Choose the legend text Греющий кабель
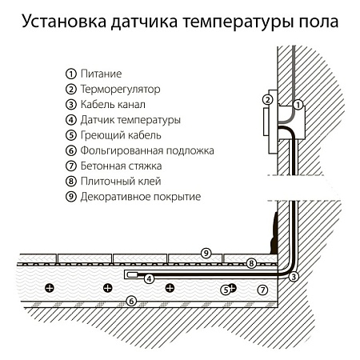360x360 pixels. pyautogui.click(x=119, y=135)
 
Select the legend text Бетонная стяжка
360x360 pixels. pyautogui.click(x=122, y=166)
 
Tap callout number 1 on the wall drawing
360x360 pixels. pyautogui.click(x=298, y=104)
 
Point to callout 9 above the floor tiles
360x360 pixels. pyautogui.click(x=206, y=253)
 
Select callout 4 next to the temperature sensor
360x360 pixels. pyautogui.click(x=149, y=278)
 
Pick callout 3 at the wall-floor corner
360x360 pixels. pyautogui.click(x=294, y=277)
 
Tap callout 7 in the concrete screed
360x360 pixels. pyautogui.click(x=262, y=288)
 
